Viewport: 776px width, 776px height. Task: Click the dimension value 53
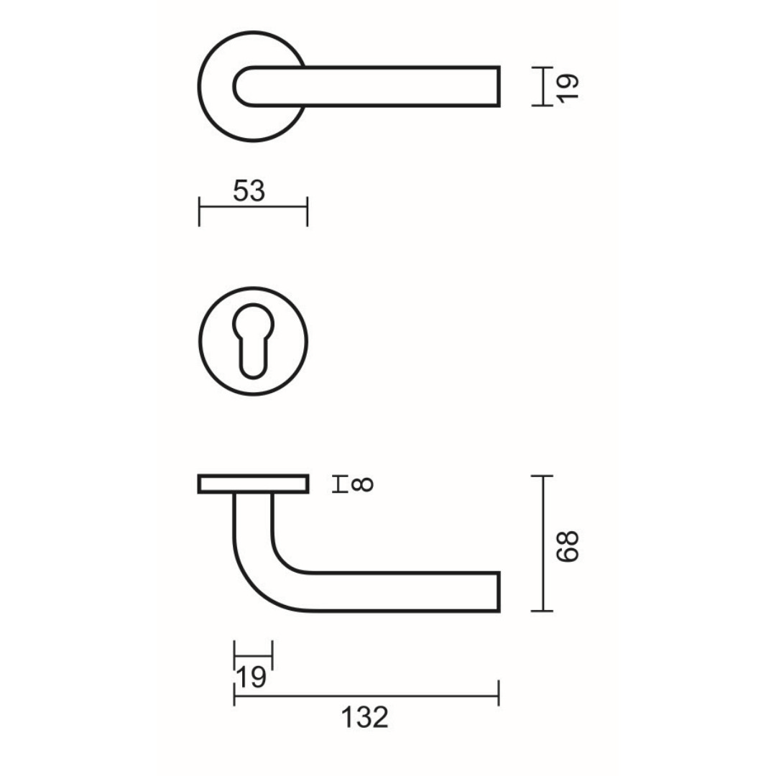[249, 191]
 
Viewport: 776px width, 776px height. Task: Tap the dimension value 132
[365, 717]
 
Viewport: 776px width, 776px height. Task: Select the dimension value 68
[567, 546]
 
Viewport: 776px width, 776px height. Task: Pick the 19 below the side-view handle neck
[251, 676]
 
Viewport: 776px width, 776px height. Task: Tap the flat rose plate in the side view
[253, 484]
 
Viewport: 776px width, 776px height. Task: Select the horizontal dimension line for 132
[366, 696]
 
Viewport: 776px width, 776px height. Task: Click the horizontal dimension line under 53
[253, 210]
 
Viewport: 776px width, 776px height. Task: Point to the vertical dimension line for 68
[543, 543]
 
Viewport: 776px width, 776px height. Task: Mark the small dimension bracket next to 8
[338, 485]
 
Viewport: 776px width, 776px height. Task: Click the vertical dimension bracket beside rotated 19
[543, 86]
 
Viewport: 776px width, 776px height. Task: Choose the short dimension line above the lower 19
[253, 655]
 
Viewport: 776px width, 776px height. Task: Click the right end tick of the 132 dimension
[498, 695]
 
